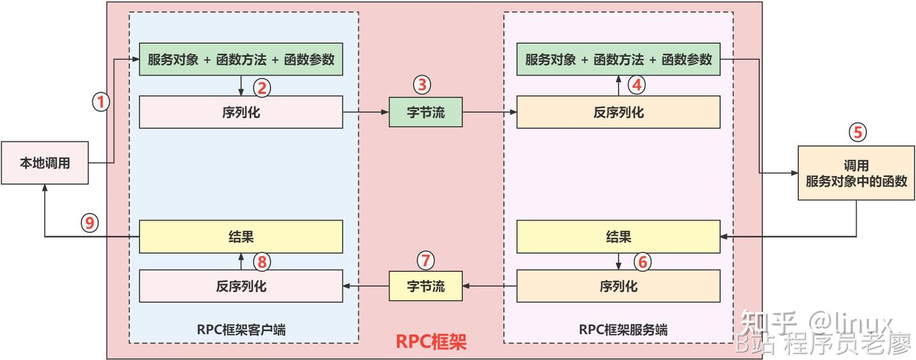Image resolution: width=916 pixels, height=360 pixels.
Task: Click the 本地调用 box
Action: pyautogui.click(x=45, y=163)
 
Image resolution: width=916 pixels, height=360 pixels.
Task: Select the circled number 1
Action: pyautogui.click(x=102, y=102)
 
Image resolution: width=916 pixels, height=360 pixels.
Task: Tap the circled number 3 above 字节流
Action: pyautogui.click(x=422, y=84)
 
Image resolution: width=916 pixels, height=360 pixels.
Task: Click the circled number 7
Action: pyautogui.click(x=426, y=260)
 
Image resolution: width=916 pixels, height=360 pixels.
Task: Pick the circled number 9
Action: pyautogui.click(x=90, y=223)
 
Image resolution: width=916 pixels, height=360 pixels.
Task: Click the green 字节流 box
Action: pyautogui.click(x=426, y=113)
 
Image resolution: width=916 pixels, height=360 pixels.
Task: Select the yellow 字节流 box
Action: pyautogui.click(x=426, y=286)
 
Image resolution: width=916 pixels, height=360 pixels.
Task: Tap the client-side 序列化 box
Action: pyautogui.click(x=241, y=113)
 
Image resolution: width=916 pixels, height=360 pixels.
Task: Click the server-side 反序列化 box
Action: pyautogui.click(x=618, y=113)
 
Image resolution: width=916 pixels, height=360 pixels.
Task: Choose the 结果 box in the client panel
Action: pyautogui.click(x=241, y=236)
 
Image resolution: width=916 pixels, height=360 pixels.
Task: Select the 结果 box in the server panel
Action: pyautogui.click(x=618, y=237)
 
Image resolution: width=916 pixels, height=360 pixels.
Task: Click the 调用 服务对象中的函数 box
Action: pyautogui.click(x=856, y=173)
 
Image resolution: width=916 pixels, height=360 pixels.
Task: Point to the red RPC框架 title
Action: pyautogui.click(x=431, y=342)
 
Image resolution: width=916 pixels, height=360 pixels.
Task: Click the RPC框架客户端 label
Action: pyautogui.click(x=241, y=329)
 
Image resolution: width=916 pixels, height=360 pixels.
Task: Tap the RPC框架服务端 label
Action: pyautogui.click(x=623, y=329)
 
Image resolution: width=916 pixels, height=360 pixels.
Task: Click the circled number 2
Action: pyautogui.click(x=262, y=87)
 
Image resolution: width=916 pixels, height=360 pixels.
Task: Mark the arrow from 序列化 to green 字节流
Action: pyautogui.click(x=366, y=113)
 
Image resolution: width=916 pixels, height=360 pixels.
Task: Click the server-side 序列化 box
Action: pyautogui.click(x=618, y=286)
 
